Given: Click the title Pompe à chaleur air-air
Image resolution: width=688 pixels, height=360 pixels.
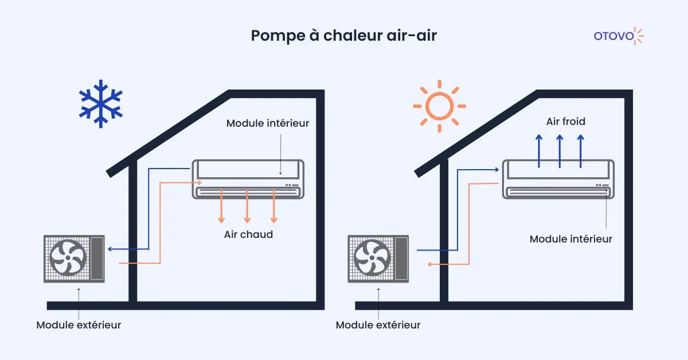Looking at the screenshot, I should [343, 36].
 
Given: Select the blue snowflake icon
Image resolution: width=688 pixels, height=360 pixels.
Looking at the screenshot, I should [101, 104].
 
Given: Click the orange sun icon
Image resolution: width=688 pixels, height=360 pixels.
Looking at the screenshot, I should [439, 106].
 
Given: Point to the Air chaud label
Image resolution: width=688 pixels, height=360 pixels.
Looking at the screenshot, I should [248, 234].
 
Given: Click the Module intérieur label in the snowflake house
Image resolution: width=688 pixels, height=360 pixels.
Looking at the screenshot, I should [268, 123].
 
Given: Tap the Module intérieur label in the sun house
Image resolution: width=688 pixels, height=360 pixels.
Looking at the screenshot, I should [570, 238].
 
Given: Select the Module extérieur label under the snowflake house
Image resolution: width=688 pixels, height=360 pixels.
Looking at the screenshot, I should [79, 325].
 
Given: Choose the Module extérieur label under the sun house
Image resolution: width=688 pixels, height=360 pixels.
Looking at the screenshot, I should [378, 325].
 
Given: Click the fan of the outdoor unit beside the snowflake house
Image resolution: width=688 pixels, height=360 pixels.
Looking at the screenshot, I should [68, 257].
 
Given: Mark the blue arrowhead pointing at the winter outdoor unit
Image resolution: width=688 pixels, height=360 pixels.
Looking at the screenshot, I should [111, 249].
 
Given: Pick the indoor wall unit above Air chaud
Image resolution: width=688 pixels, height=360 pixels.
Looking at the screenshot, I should [248, 179].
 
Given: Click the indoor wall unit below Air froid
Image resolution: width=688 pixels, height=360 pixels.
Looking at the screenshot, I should [560, 179].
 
